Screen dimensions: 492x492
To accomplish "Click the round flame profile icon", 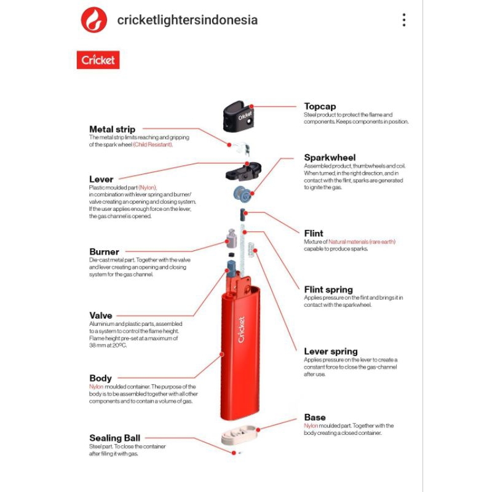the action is click(94, 20).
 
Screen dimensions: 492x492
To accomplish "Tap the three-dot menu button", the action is click(404, 20).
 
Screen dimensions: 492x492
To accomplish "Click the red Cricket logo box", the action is click(98, 60).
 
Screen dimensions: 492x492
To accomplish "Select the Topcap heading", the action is click(320, 106).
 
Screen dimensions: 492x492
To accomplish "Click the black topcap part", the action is click(238, 116).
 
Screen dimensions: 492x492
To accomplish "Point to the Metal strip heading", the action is click(113, 129).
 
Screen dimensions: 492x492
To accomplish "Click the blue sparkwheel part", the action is click(242, 193).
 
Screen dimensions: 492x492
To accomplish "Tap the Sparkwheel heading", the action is click(330, 157).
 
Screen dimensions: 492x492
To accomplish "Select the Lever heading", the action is click(101, 179).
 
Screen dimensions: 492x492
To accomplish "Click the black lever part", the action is click(243, 172).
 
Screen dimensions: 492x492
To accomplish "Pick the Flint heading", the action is click(314, 233).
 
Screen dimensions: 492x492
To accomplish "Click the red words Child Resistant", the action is click(153, 145).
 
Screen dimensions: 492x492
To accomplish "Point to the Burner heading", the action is click(104, 252).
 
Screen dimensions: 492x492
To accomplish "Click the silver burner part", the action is click(232, 238).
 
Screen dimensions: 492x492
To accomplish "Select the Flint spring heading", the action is click(328, 290).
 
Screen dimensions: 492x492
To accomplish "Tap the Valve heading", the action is click(101, 315).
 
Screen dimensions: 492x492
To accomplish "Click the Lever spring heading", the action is click(331, 351).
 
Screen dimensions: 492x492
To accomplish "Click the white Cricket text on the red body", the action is click(241, 330).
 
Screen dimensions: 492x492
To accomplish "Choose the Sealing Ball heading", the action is click(115, 438).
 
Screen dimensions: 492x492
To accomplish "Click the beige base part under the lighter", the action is click(239, 435).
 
